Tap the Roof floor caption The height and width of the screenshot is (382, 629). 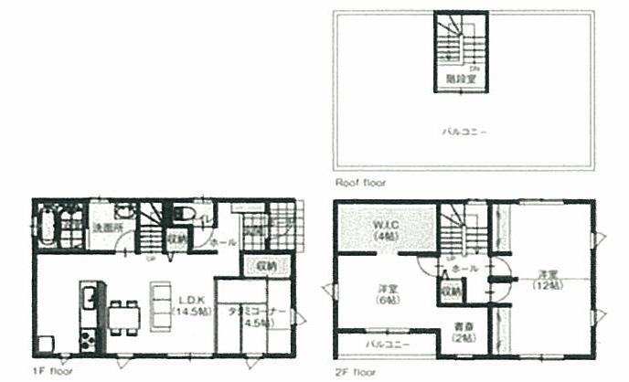pyautogui.click(x=360, y=183)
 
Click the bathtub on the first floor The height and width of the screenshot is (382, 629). pyautogui.click(x=48, y=225)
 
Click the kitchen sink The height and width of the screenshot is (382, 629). pyautogui.click(x=89, y=298)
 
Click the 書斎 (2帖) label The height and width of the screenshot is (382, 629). pyautogui.click(x=462, y=333)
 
